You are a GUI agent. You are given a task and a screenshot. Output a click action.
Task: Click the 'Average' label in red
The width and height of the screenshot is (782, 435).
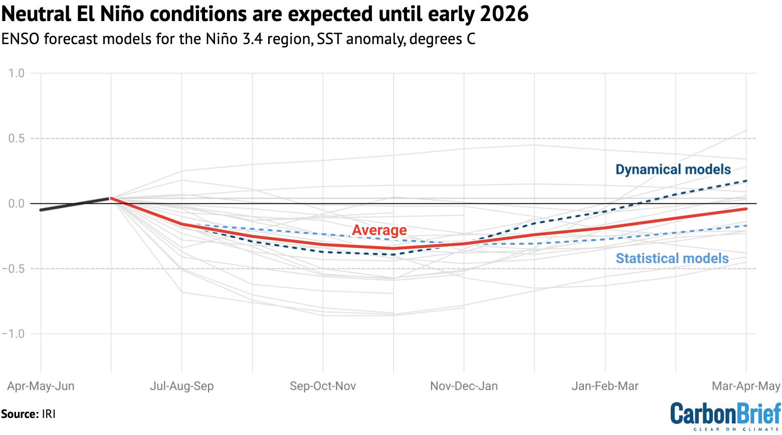[x=379, y=230]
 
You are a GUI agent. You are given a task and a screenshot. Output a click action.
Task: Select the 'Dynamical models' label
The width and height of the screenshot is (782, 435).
[x=673, y=169]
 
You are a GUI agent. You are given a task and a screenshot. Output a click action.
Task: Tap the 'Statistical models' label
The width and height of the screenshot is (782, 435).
[x=672, y=258]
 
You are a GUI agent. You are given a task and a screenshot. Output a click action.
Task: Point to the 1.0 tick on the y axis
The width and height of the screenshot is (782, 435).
[x=16, y=73]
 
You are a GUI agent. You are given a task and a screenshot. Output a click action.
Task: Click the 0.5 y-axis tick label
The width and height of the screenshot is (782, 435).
[x=16, y=138]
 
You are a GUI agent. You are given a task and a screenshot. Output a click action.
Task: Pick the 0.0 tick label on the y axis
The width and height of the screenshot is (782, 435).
[x=16, y=203]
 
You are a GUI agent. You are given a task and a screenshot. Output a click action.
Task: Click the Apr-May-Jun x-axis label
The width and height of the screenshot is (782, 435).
[x=41, y=386]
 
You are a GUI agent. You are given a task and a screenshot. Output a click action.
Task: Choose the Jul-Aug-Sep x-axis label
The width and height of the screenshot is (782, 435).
[x=181, y=386]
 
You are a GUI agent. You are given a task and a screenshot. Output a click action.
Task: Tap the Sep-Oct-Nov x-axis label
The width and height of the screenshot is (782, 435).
[x=323, y=386]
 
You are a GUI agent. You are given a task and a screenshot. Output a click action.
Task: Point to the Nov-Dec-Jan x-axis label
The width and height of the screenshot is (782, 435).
[x=464, y=386]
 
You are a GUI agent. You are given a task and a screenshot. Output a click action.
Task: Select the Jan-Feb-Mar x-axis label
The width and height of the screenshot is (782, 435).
[x=605, y=386]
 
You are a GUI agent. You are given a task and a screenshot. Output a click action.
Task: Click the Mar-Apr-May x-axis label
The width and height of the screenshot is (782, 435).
[x=746, y=386]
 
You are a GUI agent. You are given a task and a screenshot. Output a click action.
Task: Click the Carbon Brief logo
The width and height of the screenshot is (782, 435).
[x=725, y=415]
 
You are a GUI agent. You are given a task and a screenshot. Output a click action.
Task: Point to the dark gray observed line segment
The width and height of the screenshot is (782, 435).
[x=75, y=204]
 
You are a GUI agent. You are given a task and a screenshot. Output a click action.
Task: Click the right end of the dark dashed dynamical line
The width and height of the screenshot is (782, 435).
[x=746, y=181]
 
